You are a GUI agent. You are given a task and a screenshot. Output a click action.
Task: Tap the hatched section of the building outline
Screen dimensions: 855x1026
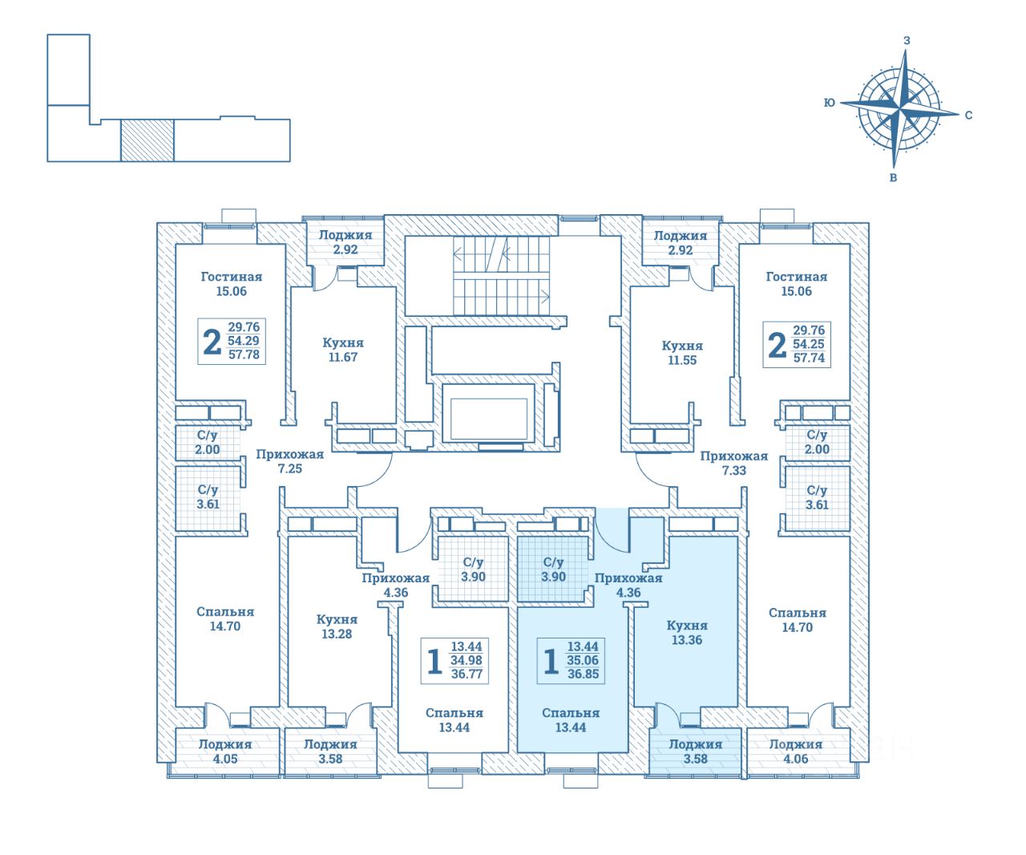pyautogui.click(x=147, y=140)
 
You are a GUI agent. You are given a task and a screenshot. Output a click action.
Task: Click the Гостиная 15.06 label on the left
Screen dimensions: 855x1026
pyautogui.click(x=232, y=284)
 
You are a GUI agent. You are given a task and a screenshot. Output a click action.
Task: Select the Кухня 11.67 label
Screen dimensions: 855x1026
pyautogui.click(x=343, y=350)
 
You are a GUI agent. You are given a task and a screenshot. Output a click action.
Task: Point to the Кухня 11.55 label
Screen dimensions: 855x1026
pyautogui.click(x=681, y=353)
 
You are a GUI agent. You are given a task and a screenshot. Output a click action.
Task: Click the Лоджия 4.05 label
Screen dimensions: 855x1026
pyautogui.click(x=225, y=751)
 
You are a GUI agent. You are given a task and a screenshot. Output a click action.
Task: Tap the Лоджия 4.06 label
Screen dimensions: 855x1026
pyautogui.click(x=795, y=751)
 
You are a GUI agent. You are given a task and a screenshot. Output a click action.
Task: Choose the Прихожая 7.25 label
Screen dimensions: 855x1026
pyautogui.click(x=290, y=461)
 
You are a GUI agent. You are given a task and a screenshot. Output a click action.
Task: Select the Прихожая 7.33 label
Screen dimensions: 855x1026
pyautogui.click(x=733, y=463)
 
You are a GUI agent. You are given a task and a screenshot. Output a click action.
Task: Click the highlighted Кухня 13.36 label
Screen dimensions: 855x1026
pyautogui.click(x=687, y=633)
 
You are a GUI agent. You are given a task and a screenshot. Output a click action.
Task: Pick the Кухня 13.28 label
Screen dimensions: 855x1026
pyautogui.click(x=337, y=626)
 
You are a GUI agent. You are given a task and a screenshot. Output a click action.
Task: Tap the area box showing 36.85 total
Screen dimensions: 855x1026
pyautogui.click(x=572, y=660)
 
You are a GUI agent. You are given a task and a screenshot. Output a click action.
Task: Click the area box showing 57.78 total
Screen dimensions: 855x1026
pyautogui.click(x=230, y=341)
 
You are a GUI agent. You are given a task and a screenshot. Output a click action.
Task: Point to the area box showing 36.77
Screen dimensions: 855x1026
pyautogui.click(x=455, y=660)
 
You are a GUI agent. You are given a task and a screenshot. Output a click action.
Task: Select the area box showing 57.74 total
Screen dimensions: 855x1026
pyautogui.click(x=797, y=344)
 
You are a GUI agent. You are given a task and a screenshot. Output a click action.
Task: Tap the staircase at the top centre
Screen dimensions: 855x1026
pyautogui.click(x=502, y=275)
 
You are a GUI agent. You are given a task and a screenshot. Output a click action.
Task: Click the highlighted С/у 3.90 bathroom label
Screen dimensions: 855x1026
pyautogui.click(x=554, y=569)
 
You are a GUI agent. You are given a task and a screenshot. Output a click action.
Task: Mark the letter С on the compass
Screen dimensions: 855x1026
pyautogui.click(x=968, y=115)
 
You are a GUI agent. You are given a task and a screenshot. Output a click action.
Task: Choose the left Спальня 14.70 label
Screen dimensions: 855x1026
pyautogui.click(x=224, y=619)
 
